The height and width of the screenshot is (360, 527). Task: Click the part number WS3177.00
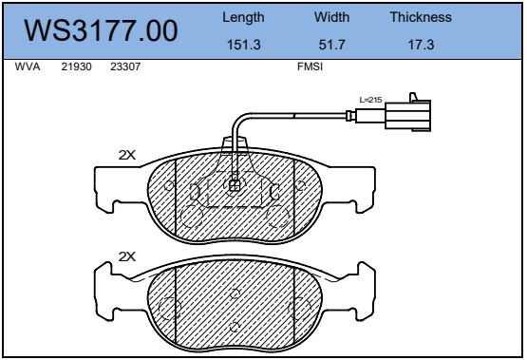point(101,30)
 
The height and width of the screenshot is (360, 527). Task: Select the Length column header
point(243,17)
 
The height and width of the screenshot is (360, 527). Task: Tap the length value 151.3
point(244,45)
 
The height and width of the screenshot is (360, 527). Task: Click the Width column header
point(331,17)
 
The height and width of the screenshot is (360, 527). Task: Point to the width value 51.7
point(331,45)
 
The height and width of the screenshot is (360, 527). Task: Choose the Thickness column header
point(421,17)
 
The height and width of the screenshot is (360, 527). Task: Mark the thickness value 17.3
point(422,45)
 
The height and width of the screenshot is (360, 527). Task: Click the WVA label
point(28,66)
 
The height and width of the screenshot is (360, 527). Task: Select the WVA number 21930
point(76,66)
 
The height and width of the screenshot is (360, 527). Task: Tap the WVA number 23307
point(125,66)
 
